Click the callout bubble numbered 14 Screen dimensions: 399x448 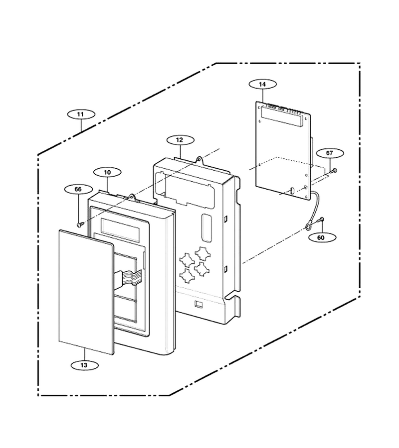262,84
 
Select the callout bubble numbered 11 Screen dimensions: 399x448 81,114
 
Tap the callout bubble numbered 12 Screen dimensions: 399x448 180,140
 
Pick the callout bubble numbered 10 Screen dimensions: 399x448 107,172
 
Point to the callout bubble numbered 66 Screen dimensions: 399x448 78,189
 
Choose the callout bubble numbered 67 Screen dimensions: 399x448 330,153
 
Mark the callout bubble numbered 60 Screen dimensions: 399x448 321,237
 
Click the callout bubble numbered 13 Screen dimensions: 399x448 84,365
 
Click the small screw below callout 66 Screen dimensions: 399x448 80,225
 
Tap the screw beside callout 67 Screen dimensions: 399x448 334,171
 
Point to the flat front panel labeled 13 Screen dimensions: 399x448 86,292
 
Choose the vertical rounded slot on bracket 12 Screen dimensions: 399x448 206,227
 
